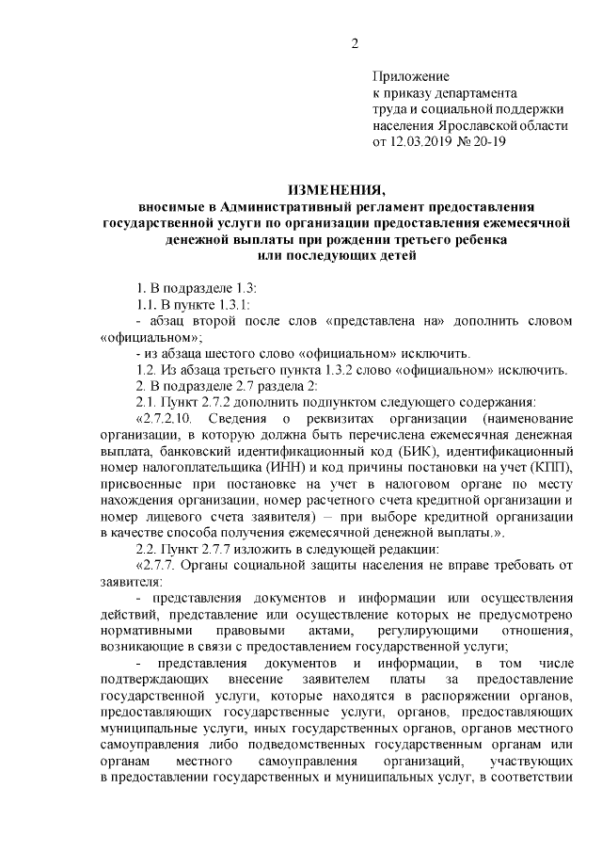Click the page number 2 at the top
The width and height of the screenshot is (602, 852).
tap(355, 42)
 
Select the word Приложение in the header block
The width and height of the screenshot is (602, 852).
tap(411, 76)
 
